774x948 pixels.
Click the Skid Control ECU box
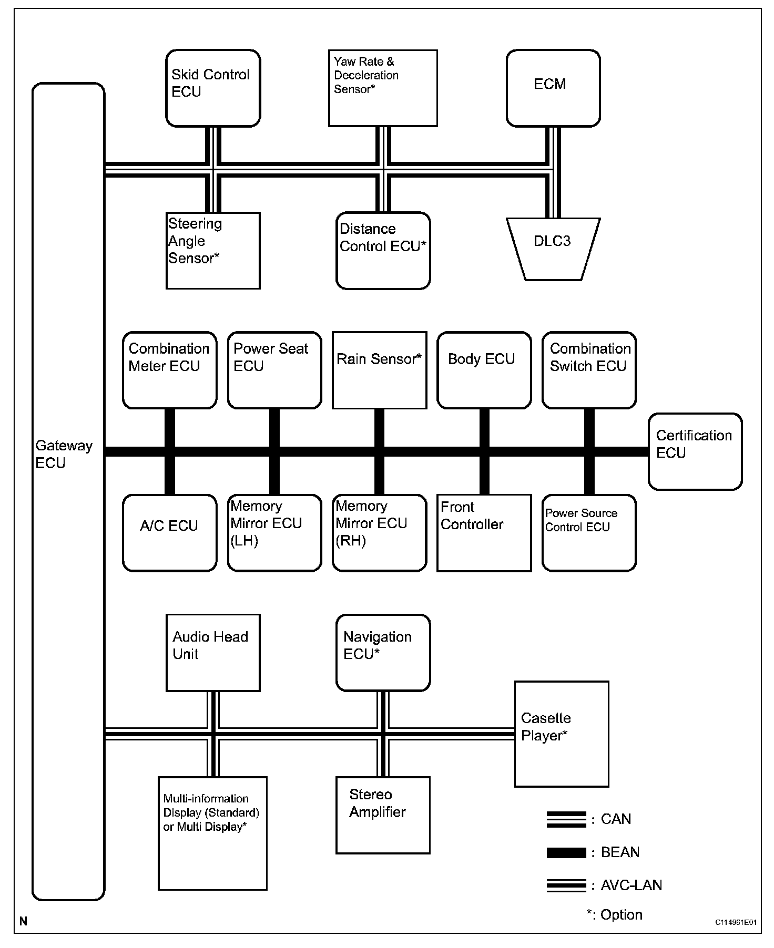(213, 88)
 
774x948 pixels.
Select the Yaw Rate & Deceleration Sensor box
(383, 88)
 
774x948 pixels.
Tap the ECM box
(553, 88)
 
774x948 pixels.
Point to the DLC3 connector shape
(553, 249)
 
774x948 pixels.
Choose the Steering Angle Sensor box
(213, 251)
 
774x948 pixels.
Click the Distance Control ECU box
(383, 251)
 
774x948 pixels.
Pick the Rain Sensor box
(379, 370)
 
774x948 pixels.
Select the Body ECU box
(484, 370)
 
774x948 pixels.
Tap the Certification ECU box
(695, 451)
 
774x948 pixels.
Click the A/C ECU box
(169, 533)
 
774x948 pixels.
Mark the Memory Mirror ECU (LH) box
(274, 533)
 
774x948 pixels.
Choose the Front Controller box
(484, 533)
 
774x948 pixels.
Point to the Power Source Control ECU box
(589, 533)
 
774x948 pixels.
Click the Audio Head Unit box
(213, 653)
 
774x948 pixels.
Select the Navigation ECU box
(383, 653)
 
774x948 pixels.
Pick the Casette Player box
(562, 734)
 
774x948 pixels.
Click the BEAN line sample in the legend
(566, 852)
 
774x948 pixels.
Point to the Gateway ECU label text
(64, 455)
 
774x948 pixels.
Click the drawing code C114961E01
(736, 922)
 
